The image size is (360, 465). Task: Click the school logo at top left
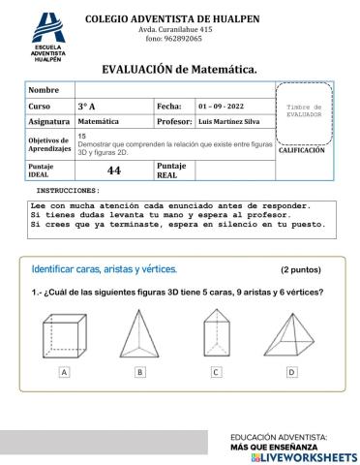(47, 38)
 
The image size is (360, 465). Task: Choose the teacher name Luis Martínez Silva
(234, 122)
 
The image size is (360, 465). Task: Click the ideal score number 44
(113, 170)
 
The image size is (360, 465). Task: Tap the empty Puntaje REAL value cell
(234, 170)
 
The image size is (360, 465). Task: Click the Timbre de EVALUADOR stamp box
(311, 109)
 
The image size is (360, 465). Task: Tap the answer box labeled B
(140, 372)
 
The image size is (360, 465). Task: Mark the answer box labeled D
(291, 372)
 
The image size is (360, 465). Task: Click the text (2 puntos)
(303, 270)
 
